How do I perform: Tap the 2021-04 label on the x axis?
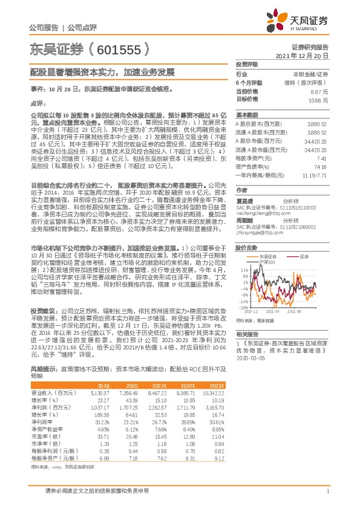pyautogui.click(x=272, y=312)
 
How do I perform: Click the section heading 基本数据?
pyautogui.click(x=247, y=114)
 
